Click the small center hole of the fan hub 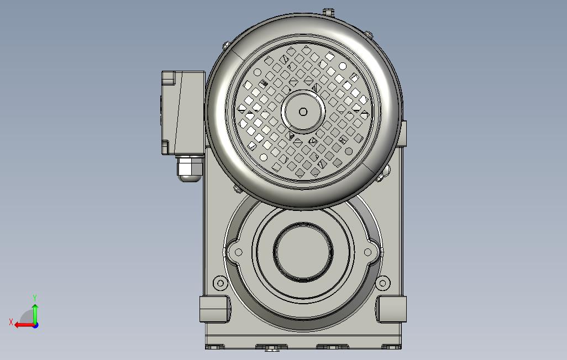point(303,112)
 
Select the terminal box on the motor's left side point(182,112)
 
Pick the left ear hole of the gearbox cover point(239,252)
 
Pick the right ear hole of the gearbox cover point(368,252)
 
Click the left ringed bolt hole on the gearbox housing point(221,284)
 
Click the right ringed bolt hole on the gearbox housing point(382,284)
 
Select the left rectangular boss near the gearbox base point(214,309)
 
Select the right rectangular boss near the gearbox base point(392,309)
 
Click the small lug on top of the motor point(329,11)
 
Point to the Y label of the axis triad point(35,298)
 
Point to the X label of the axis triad point(11,322)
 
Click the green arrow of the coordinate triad point(35,312)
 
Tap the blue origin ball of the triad point(35,325)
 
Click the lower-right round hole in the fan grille point(349,151)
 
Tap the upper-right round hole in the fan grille point(343,66)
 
